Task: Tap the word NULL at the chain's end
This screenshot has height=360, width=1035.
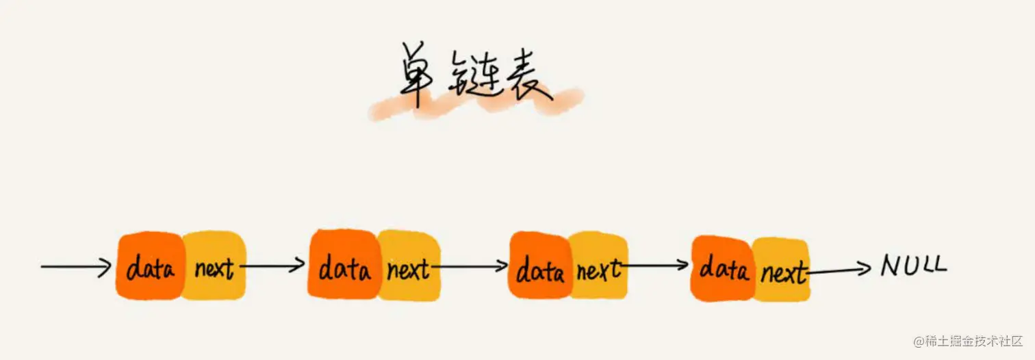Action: (913, 265)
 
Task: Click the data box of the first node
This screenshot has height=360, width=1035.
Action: (150, 267)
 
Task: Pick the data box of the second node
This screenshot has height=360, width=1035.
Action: (344, 266)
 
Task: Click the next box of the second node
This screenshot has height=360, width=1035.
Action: (408, 267)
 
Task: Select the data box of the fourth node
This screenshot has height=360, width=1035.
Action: (723, 268)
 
